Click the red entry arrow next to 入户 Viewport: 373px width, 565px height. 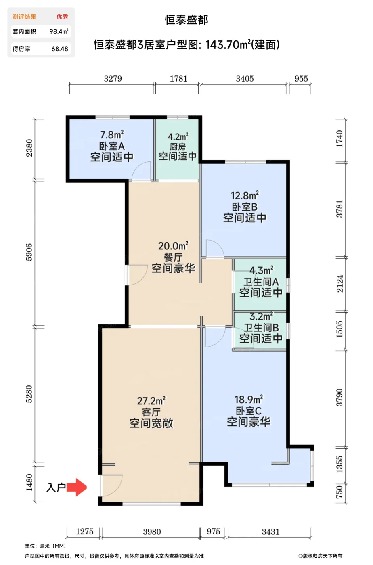(77, 487)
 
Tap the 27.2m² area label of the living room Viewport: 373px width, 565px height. (151, 401)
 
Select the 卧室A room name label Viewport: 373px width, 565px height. (112, 146)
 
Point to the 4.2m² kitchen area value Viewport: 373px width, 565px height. (178, 137)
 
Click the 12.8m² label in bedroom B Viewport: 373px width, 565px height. (245, 196)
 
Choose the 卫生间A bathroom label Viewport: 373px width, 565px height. (261, 282)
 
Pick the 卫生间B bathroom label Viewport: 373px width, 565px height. (261, 327)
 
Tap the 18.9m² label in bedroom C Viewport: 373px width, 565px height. (249, 400)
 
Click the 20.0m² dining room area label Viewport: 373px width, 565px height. (173, 246)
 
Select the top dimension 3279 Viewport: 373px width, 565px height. (113, 79)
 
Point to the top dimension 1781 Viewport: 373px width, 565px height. (178, 79)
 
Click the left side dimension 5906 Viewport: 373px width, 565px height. (29, 252)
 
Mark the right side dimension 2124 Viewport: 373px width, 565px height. (339, 284)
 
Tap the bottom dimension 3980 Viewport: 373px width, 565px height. (152, 532)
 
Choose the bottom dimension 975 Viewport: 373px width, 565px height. (214, 532)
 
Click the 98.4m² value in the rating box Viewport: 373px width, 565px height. (59, 31)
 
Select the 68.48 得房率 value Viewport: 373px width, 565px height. (60, 49)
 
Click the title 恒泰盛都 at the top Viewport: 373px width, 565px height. (186, 20)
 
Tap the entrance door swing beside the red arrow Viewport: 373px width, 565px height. (111, 485)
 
